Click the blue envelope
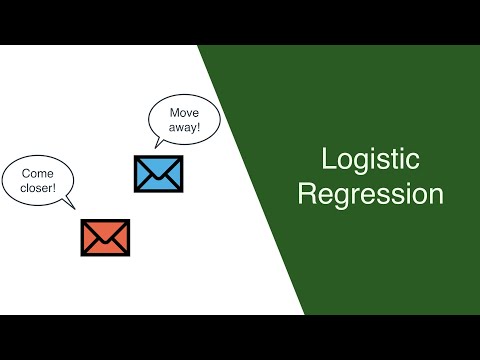(158, 173)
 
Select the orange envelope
(105, 236)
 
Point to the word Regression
(370, 194)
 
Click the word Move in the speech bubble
(185, 114)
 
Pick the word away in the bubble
(183, 129)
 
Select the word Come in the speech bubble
(37, 173)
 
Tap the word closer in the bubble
(35, 188)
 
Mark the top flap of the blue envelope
(158, 163)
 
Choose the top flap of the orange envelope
(105, 227)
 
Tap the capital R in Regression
(307, 194)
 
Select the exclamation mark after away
(200, 129)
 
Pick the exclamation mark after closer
(54, 188)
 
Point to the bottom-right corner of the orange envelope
(129, 253)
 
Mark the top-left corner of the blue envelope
(135, 156)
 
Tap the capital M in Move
(173, 114)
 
